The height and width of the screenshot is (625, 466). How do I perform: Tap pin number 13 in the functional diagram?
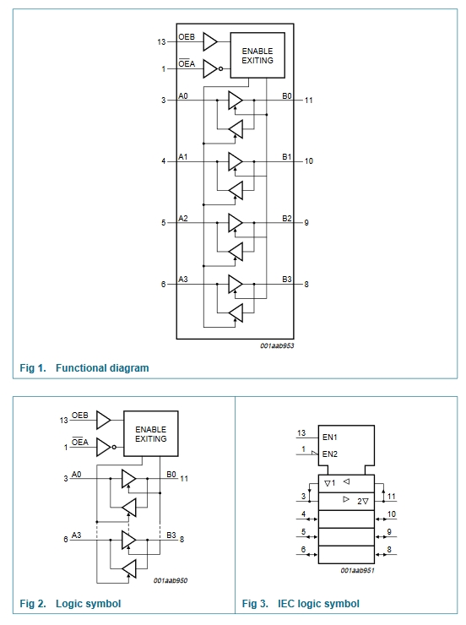pyautogui.click(x=161, y=42)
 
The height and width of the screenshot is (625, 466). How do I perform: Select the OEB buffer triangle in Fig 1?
pyautogui.click(x=210, y=41)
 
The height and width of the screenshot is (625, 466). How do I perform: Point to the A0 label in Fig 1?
pyautogui.click(x=183, y=96)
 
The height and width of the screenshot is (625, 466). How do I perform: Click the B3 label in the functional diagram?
pyautogui.click(x=287, y=280)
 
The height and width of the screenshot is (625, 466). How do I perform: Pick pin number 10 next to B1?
pyautogui.click(x=309, y=161)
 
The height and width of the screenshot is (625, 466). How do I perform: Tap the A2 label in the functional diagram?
pyautogui.click(x=183, y=219)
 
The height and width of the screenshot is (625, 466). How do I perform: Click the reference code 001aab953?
pyautogui.click(x=277, y=345)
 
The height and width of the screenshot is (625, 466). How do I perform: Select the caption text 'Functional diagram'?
pyautogui.click(x=102, y=368)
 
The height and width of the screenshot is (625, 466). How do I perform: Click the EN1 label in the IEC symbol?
pyautogui.click(x=330, y=437)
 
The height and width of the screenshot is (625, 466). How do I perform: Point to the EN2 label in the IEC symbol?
pyautogui.click(x=330, y=454)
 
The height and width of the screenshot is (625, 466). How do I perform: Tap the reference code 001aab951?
pyautogui.click(x=357, y=570)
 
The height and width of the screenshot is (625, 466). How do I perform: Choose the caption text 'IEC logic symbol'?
pyautogui.click(x=318, y=604)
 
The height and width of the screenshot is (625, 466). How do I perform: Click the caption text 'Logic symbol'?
pyautogui.click(x=89, y=604)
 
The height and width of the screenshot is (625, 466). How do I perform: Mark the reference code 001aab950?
pyautogui.click(x=171, y=581)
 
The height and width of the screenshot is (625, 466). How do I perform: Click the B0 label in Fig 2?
pyautogui.click(x=171, y=475)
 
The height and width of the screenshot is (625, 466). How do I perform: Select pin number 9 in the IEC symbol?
pyautogui.click(x=389, y=532)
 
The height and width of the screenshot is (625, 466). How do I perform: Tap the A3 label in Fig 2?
pyautogui.click(x=76, y=535)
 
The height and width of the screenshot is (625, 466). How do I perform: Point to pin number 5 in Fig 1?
pyautogui.click(x=163, y=223)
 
